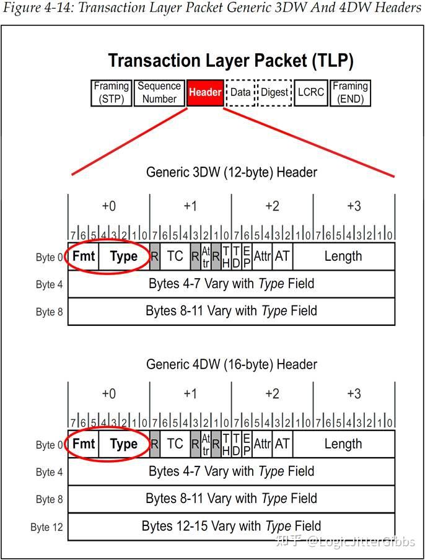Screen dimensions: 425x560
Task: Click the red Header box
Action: [205, 92]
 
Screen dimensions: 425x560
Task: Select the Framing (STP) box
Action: [112, 92]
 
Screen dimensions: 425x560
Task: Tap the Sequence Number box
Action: [159, 92]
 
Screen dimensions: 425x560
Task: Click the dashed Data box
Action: [240, 92]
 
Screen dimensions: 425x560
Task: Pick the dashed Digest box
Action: [274, 92]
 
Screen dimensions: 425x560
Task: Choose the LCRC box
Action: [310, 92]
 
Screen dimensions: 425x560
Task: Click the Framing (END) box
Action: [350, 92]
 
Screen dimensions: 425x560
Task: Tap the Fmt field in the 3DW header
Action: [83, 256]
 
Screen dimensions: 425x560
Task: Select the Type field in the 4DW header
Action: [123, 444]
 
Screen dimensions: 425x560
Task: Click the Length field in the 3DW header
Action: [343, 256]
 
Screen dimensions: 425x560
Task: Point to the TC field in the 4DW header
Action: [175, 444]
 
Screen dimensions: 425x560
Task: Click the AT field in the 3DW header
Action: [282, 256]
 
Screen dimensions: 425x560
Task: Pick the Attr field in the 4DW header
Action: [263, 444]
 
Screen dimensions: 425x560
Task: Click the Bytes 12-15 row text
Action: [231, 526]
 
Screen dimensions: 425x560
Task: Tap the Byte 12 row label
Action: [46, 527]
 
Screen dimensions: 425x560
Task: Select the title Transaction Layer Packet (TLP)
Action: [230, 60]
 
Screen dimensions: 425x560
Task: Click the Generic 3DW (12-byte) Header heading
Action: [231, 172]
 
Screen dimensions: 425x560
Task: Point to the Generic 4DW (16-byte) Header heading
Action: [231, 364]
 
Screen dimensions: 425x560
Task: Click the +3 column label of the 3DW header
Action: [354, 206]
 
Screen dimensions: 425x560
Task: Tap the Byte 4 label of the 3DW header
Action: [49, 284]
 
